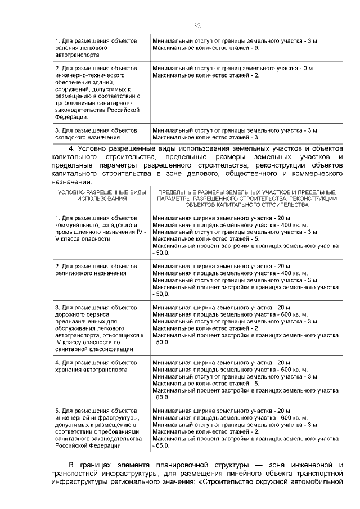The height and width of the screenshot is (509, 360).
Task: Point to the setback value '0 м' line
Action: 233,68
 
